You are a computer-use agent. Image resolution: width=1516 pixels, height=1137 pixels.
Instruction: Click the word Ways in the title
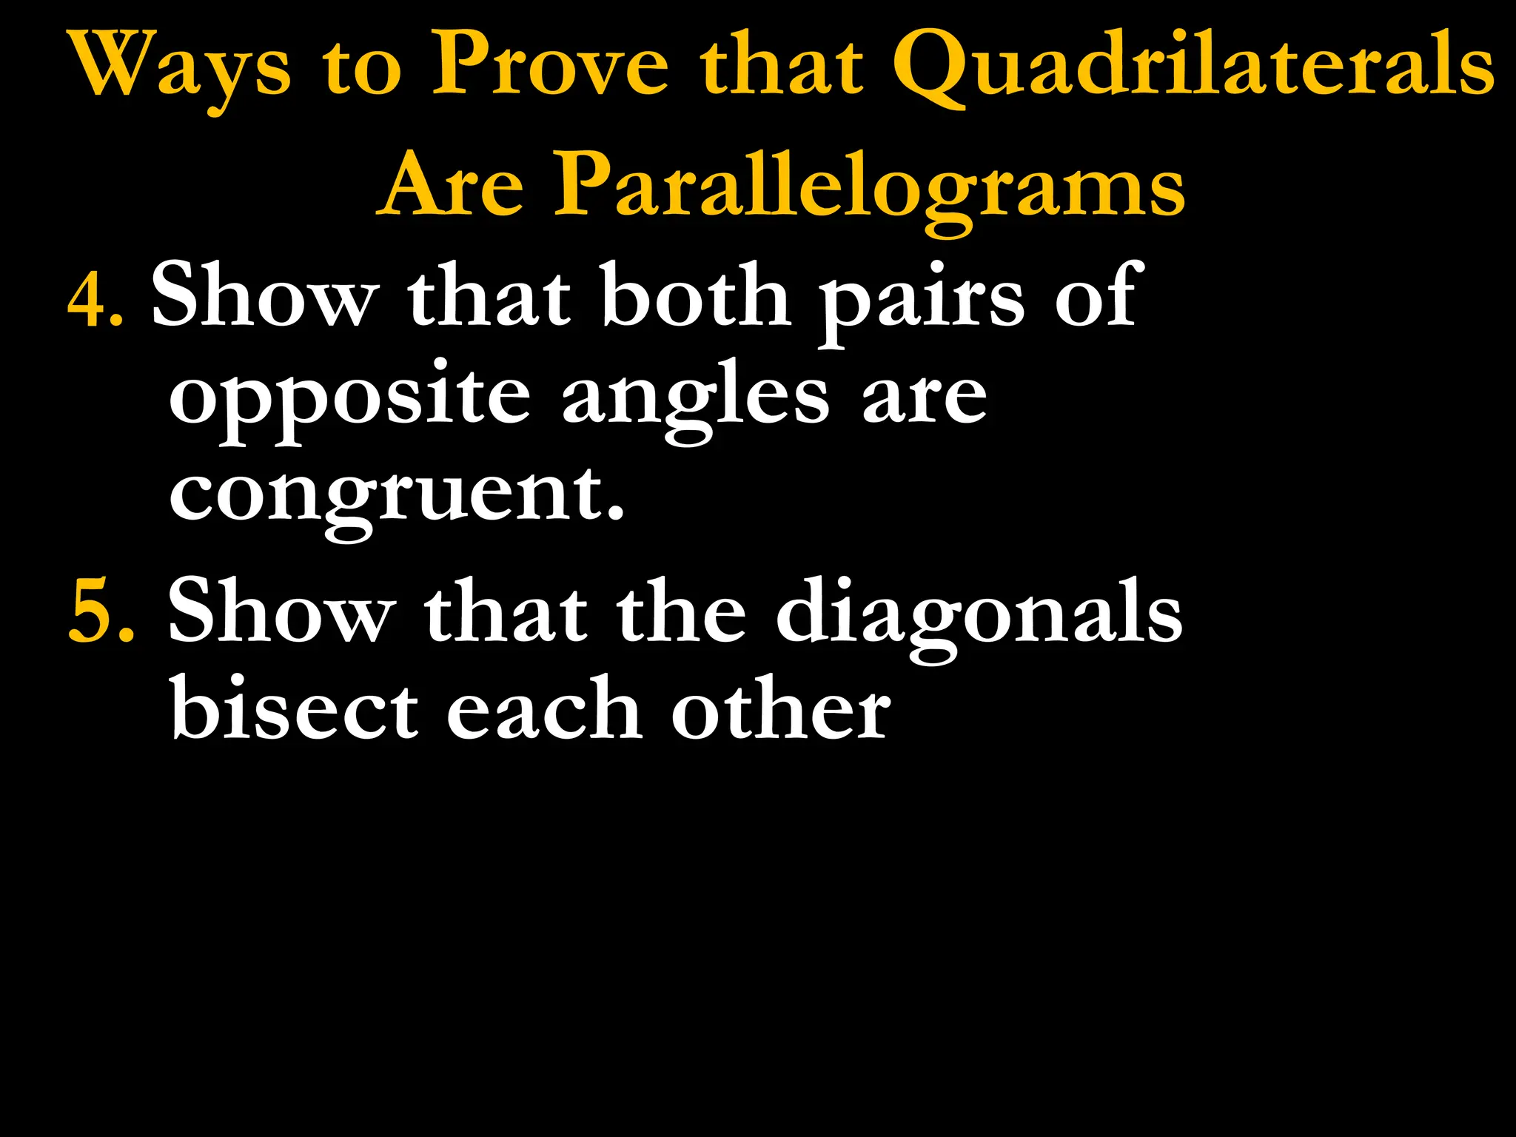pyautogui.click(x=181, y=67)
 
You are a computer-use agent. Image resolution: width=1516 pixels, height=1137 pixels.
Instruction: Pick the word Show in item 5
pyautogui.click(x=281, y=611)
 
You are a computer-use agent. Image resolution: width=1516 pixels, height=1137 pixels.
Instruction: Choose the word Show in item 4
pyautogui.click(x=264, y=296)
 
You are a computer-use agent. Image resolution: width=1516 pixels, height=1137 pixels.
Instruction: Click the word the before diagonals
pyautogui.click(x=681, y=611)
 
